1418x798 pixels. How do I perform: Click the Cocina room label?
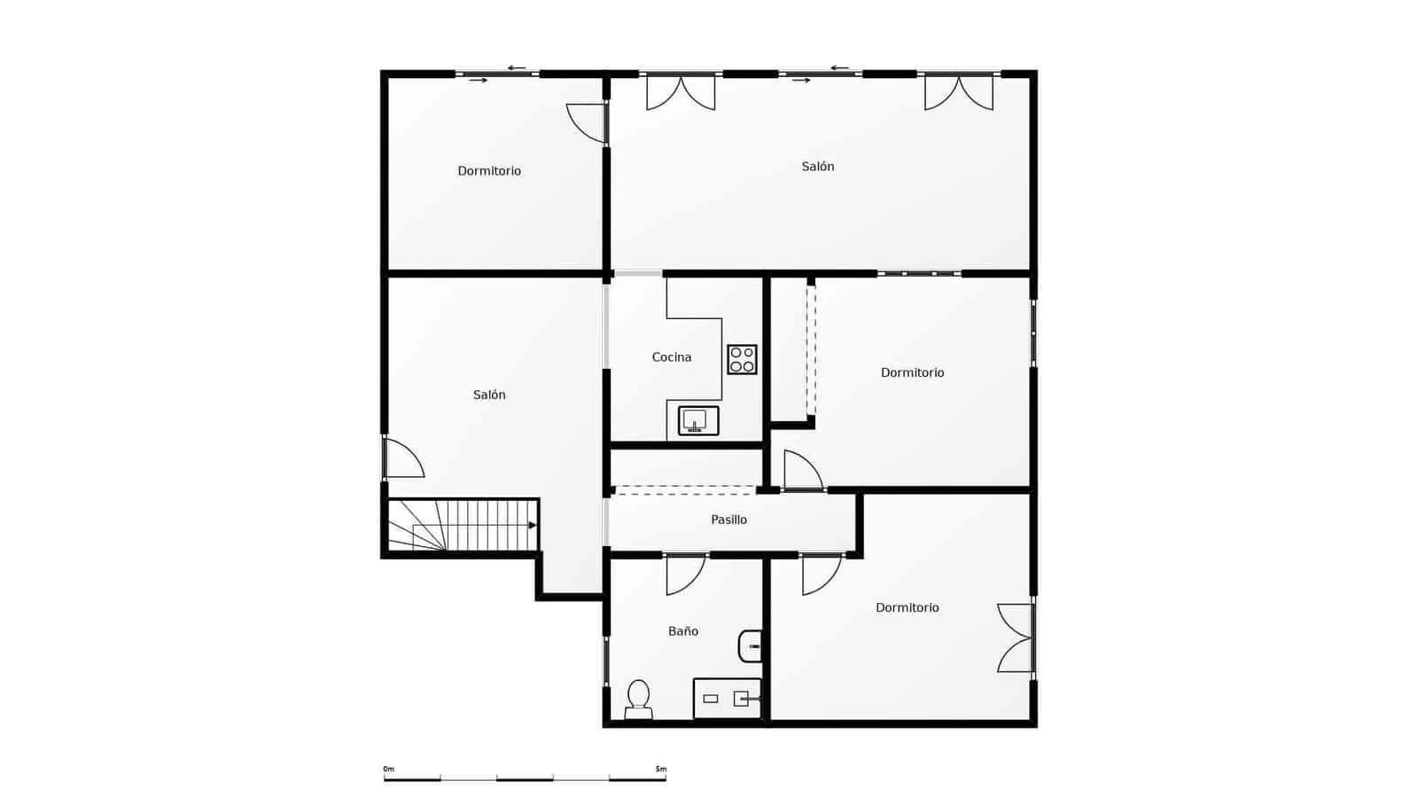coord(671,357)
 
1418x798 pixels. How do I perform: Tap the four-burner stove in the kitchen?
coord(742,359)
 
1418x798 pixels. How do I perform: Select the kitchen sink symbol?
coord(697,420)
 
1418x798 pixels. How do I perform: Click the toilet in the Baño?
coord(638,699)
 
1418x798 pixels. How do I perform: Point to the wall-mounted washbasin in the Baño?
coord(751,646)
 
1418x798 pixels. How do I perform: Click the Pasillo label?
coord(728,520)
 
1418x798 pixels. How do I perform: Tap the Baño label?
coord(682,631)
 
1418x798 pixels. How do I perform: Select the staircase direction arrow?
coord(532,525)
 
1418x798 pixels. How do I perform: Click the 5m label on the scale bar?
coord(660,769)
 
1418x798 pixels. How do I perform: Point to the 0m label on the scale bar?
coord(388,769)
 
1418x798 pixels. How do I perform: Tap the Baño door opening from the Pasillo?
coord(685,574)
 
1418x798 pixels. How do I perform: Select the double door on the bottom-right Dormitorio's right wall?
coord(1016,638)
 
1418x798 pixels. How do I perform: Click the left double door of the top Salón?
coord(681,92)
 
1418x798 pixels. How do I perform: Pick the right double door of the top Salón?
coord(958,92)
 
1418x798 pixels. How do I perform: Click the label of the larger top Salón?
coord(817,167)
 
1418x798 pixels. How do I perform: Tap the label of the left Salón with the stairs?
coord(488,395)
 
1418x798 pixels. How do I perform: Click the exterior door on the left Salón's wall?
coord(403,458)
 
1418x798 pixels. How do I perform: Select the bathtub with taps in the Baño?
coord(727,699)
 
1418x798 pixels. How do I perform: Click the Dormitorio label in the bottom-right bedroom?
coord(907,607)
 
